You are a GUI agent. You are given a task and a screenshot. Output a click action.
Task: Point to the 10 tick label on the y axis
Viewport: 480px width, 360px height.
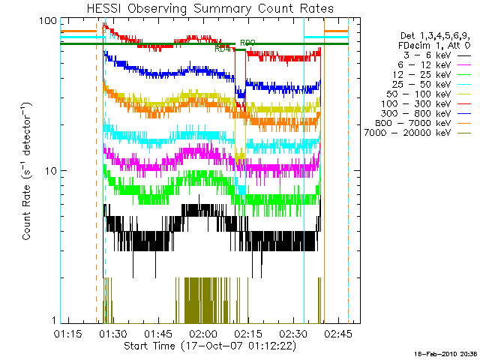coord(49,171)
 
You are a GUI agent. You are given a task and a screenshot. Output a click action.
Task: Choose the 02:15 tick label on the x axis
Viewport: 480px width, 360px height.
coord(248,332)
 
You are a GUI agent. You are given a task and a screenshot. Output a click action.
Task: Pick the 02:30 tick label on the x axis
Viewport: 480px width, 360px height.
coord(293,332)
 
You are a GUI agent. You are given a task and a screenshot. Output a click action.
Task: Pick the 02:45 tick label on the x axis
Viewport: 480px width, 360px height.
coord(337,332)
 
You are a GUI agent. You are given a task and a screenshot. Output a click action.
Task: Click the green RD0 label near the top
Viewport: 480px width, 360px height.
coord(247,43)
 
